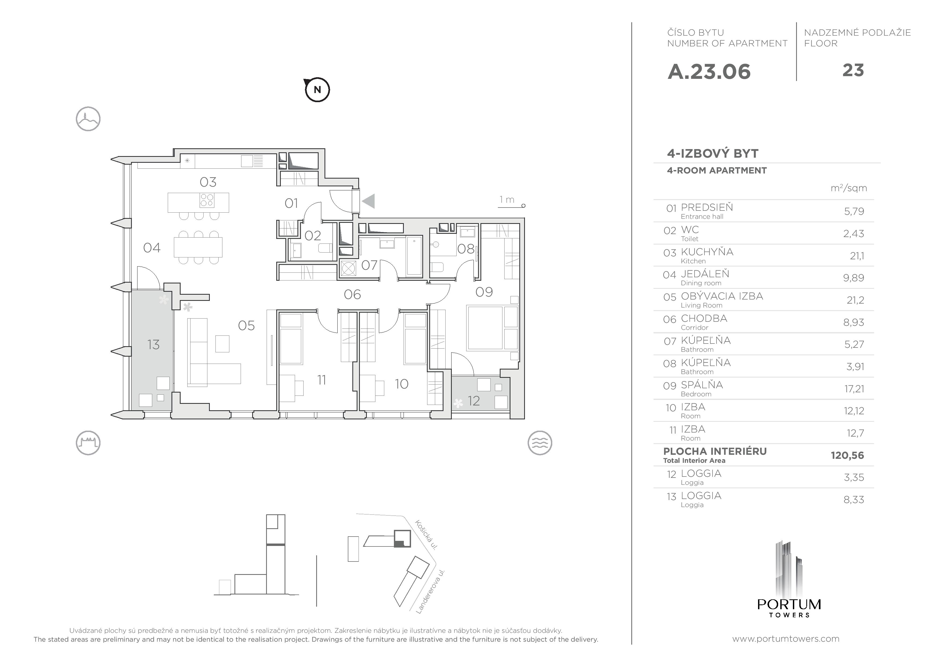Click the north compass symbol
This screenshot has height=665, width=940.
[317, 89]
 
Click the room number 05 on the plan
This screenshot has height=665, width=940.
[247, 326]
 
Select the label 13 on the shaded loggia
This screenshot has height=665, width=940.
[154, 345]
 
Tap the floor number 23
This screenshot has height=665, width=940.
[853, 71]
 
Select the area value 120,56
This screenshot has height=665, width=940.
[847, 455]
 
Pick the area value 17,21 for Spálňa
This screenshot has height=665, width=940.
[854, 389]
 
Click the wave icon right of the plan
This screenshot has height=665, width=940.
[540, 443]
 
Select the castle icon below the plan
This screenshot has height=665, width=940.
[88, 443]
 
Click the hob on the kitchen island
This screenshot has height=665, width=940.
[207, 200]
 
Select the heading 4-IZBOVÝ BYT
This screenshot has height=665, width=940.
[713, 154]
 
